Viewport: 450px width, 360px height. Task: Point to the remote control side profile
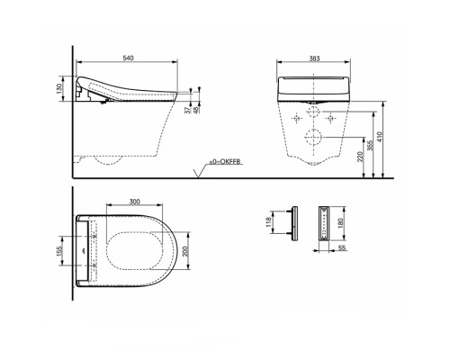click(x=292, y=222)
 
